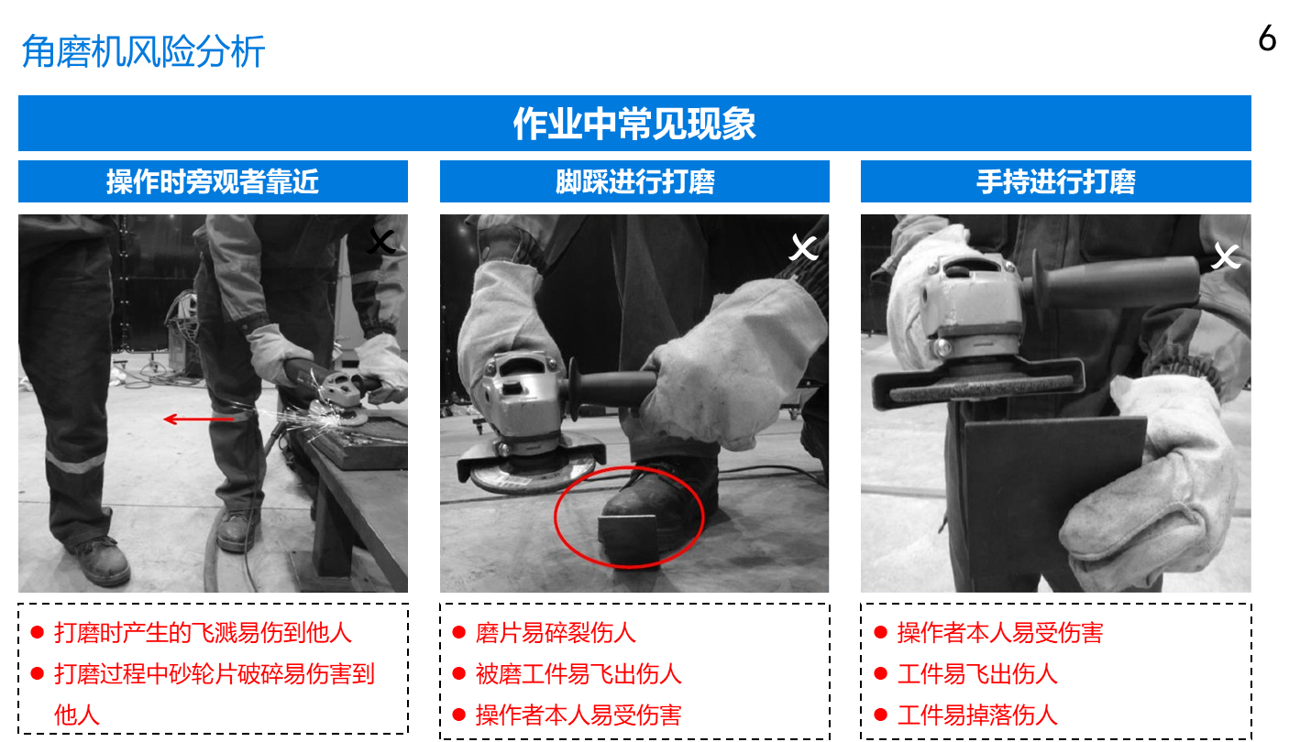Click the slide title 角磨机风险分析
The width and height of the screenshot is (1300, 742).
143,51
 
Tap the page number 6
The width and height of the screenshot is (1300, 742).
1267,38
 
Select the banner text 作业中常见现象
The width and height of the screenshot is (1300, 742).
634,124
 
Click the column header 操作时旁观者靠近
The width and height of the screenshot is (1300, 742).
213,181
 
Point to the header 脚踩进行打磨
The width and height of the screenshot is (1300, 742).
635,181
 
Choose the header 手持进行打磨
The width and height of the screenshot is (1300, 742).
1055,181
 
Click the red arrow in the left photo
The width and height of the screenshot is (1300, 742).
199,419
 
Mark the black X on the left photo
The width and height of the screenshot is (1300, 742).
381,242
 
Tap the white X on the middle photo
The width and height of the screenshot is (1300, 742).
804,248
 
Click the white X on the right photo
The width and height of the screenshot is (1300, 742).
1226,256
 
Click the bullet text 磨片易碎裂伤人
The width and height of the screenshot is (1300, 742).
556,632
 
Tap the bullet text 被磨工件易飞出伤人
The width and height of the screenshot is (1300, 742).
578,673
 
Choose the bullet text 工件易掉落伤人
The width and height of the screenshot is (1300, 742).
977,715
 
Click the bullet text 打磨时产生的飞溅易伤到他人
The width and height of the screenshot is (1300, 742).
204,632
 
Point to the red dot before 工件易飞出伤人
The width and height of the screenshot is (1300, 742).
880,673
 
